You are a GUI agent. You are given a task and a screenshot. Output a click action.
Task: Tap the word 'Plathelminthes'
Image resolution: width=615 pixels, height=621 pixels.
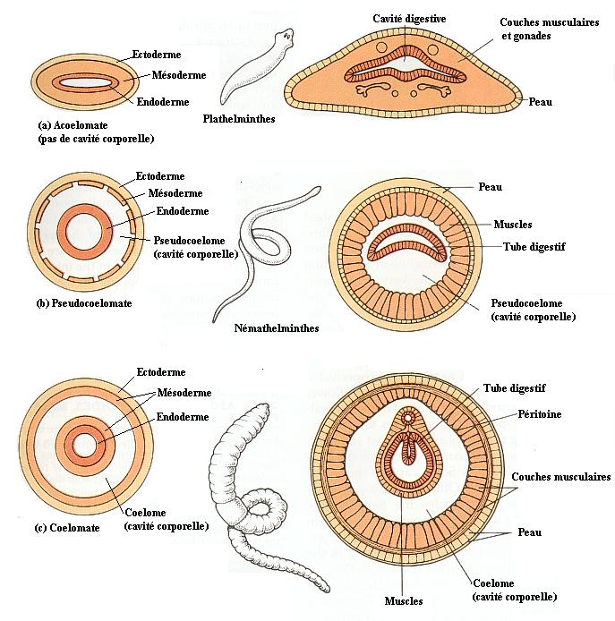tap(239, 118)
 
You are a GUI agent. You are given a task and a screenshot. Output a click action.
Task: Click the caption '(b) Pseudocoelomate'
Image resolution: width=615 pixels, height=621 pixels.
tap(83, 303)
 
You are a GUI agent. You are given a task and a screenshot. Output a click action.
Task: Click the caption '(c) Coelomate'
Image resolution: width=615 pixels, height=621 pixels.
tap(68, 527)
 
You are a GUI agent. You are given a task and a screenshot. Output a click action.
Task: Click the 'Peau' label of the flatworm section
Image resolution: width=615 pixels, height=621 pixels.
tap(540, 102)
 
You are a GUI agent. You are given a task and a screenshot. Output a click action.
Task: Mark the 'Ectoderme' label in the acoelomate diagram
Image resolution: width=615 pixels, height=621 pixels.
tap(156, 55)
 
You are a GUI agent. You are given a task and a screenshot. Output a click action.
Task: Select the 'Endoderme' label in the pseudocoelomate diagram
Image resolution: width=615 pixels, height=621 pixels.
tap(182, 211)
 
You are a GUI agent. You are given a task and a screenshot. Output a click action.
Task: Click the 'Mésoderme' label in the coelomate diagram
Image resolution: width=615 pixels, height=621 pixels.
tap(184, 393)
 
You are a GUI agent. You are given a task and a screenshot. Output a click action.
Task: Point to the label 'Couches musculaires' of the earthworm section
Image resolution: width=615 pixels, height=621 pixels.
tap(562, 477)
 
